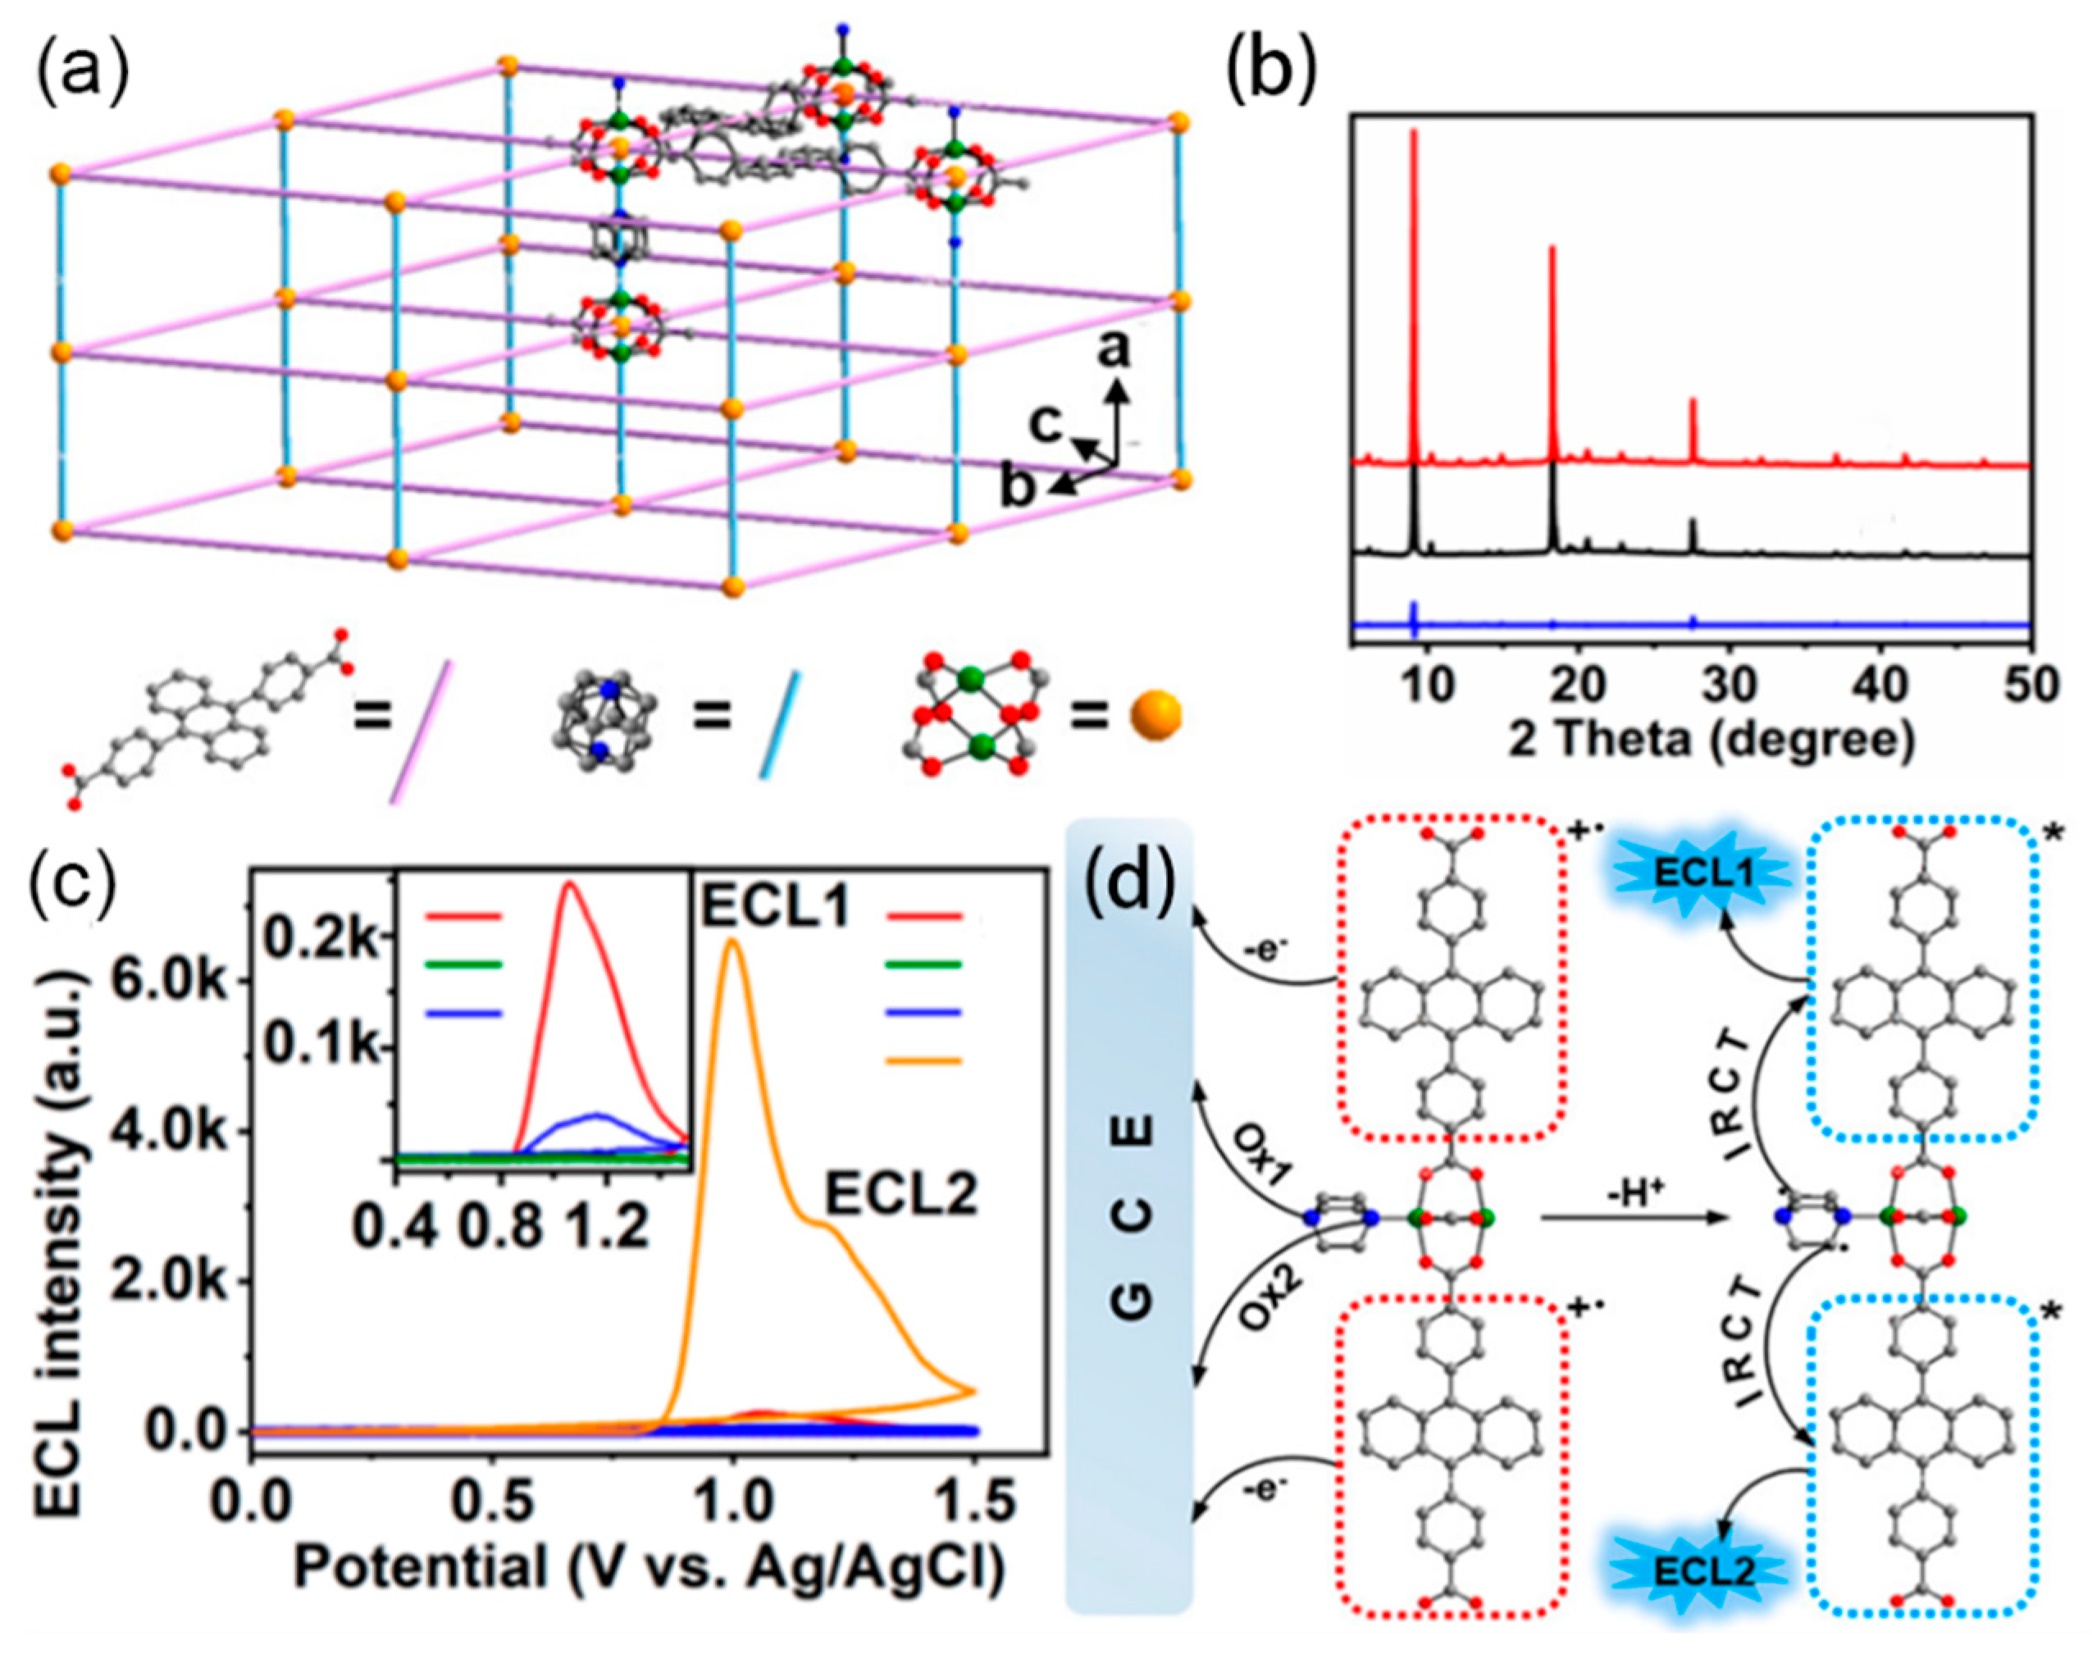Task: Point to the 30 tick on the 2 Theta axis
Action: click(1730, 685)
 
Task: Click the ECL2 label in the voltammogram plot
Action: click(900, 1197)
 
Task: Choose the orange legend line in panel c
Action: click(923, 1060)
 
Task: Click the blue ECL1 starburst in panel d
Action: click(1704, 874)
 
